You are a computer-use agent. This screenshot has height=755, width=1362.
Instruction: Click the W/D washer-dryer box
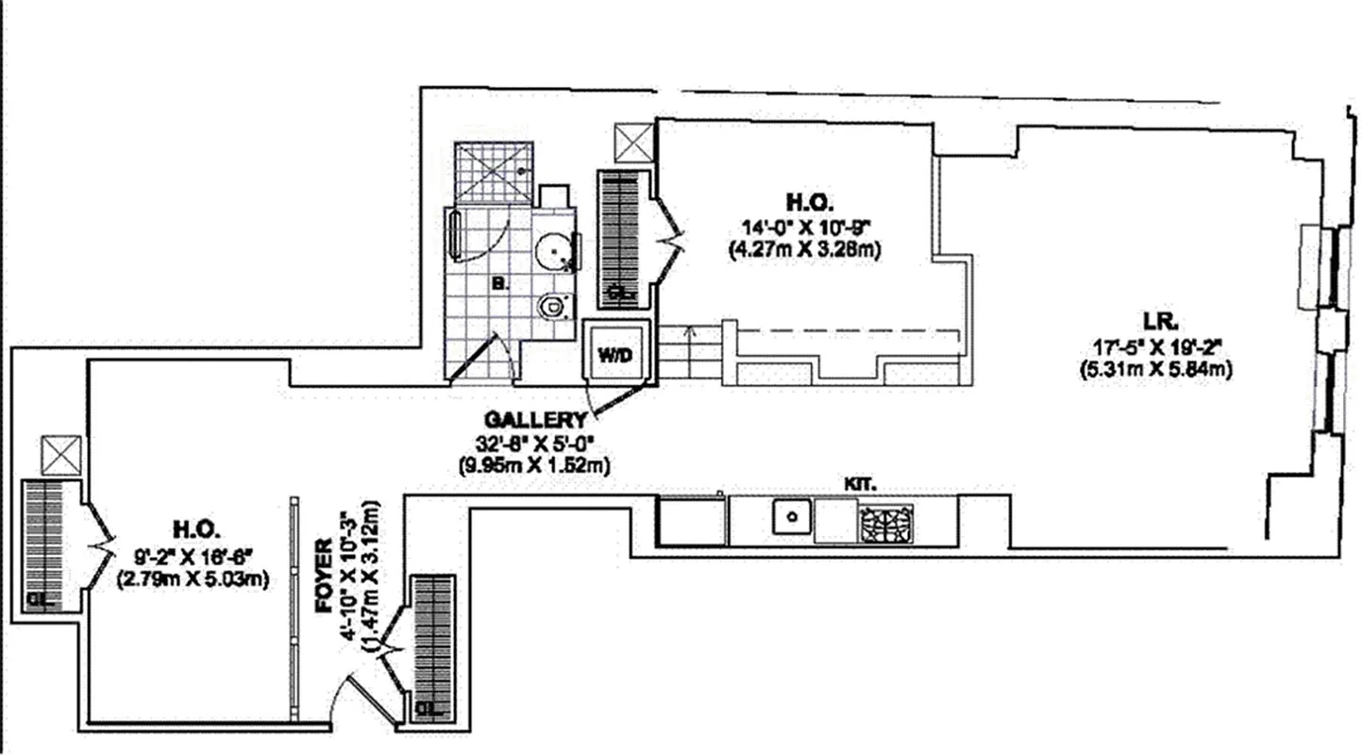pyautogui.click(x=615, y=355)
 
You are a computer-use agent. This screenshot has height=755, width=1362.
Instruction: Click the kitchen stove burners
pyautogui.click(x=884, y=522)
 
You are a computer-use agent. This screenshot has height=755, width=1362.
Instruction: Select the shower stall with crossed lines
pyautogui.click(x=493, y=172)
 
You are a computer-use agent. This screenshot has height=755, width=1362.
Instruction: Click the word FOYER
pyautogui.click(x=323, y=575)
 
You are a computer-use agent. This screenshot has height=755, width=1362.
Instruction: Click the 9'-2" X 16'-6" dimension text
pyautogui.click(x=193, y=557)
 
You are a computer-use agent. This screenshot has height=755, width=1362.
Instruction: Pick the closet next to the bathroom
pyautogui.click(x=619, y=238)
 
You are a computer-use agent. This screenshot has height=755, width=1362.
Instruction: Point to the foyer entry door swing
pyautogui.click(x=366, y=698)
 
